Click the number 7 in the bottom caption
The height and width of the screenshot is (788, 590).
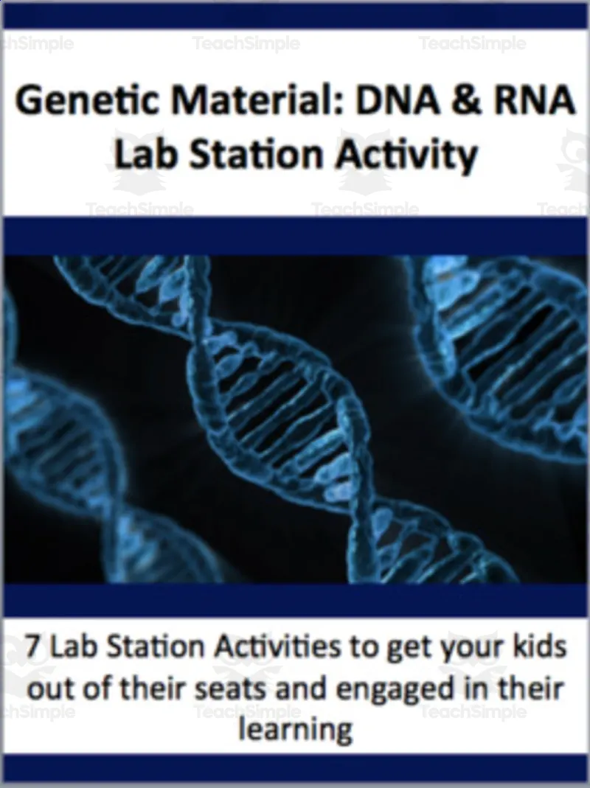coord(32,648)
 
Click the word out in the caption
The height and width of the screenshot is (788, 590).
coord(45,689)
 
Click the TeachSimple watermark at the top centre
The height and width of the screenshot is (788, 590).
coord(246,43)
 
